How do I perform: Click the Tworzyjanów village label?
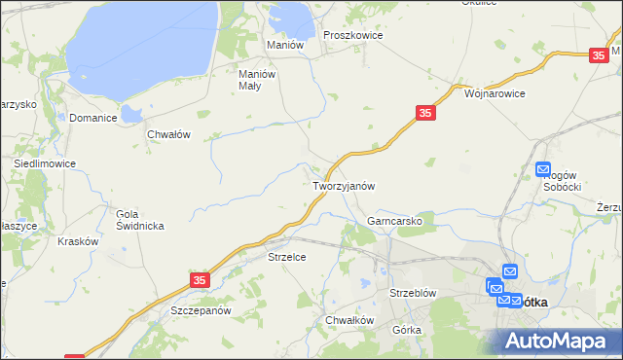point(344,185)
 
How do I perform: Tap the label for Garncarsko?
point(394,221)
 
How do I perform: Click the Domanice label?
point(93,118)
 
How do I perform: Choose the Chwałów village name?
point(167,134)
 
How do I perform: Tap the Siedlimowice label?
point(45,164)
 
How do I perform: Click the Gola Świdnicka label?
point(140,219)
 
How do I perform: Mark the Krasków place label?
point(79,241)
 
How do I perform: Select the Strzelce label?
point(287,257)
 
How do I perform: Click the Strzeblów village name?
point(412,292)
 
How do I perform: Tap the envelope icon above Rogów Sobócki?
point(543,169)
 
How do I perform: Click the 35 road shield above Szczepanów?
point(199,279)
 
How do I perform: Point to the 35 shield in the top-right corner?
point(599,57)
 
